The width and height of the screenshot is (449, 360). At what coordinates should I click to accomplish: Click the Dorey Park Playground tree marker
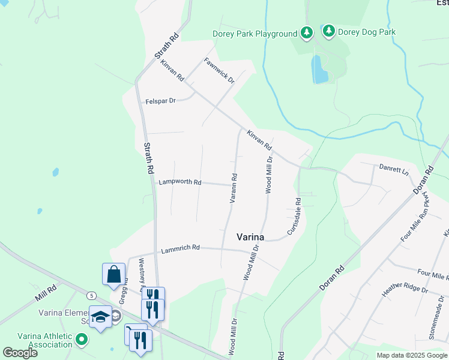pos(307,32)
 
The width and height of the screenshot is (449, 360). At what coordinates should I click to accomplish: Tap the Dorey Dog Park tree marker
pos(328,30)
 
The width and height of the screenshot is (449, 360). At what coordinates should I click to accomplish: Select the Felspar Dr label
pos(160,102)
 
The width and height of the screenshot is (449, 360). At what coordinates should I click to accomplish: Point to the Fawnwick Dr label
pos(218,70)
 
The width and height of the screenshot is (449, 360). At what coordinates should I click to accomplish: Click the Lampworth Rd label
pos(179,182)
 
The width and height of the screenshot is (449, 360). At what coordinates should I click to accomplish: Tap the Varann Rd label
pos(234,188)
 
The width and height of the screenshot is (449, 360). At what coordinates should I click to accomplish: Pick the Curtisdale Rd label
pos(293,216)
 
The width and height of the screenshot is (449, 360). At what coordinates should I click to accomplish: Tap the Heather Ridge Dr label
pos(405,290)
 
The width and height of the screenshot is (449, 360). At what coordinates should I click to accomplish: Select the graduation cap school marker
pos(100,316)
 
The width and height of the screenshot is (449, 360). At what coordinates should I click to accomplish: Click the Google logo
pos(20,353)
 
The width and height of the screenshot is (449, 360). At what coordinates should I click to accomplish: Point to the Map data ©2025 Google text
pos(411,355)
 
